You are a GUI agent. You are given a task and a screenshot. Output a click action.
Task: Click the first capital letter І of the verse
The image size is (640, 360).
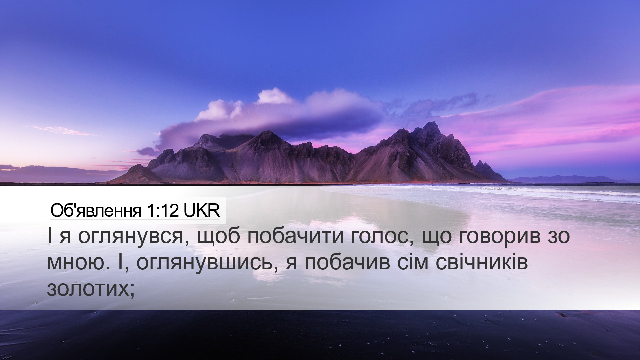click(x=50, y=237)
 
